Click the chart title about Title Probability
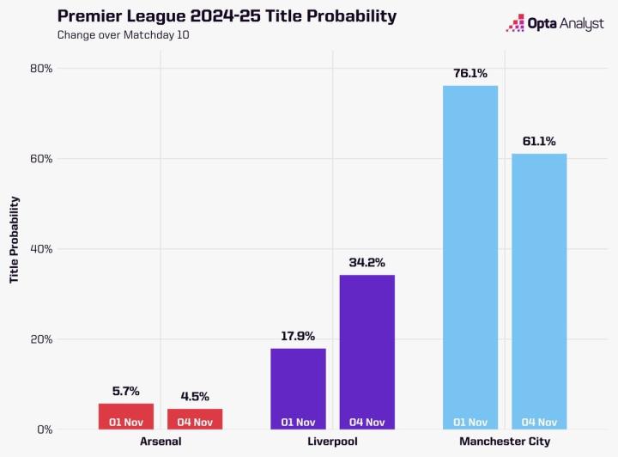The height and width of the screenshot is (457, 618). coord(215,16)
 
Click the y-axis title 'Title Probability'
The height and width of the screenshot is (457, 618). coord(14,241)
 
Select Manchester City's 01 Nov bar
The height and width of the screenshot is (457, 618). coord(470,258)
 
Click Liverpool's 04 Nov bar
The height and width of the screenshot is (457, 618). coord(367,352)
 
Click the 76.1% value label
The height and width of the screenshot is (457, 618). coord(470,74)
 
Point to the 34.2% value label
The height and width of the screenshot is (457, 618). coord(367,263)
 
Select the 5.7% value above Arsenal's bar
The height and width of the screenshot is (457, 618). coord(126,392)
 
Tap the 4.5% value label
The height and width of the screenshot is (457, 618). coord(195,397)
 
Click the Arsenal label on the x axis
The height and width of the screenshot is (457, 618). coord(161,442)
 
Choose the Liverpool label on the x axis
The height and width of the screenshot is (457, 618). coord(332,442)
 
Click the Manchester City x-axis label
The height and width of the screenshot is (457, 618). coord(504,442)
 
